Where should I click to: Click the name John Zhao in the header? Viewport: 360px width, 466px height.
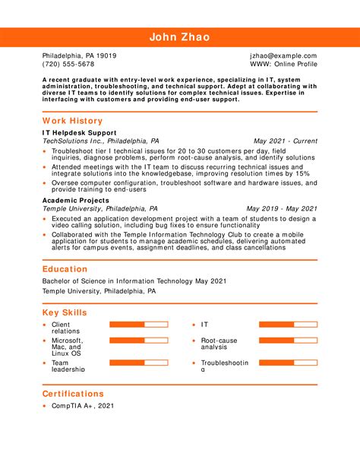tap(180, 36)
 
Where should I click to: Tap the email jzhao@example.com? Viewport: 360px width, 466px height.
tap(283, 56)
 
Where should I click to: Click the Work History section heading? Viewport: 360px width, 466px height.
tap(74, 120)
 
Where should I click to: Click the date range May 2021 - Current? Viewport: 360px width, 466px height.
tap(285, 141)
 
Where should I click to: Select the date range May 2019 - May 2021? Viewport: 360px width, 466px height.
tap(282, 208)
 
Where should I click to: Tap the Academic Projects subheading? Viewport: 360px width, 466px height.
tap(76, 199)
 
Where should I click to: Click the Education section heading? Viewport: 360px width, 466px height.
tap(65, 269)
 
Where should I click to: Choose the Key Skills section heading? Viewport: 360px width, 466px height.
tap(65, 312)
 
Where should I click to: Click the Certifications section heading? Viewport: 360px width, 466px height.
tap(73, 394)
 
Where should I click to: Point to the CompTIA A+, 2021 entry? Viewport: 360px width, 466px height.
tap(83, 407)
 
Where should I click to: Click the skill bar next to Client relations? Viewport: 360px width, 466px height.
tap(138, 325)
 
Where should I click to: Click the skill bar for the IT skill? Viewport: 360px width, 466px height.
tap(287, 325)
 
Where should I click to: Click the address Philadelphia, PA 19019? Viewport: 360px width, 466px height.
tap(79, 56)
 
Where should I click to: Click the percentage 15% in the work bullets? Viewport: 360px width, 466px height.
tap(303, 174)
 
